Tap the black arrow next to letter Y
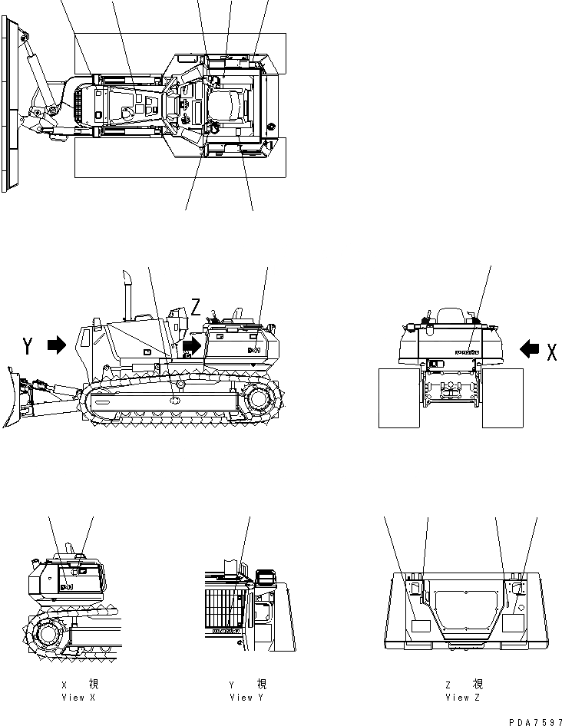click(58, 346)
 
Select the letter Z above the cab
click(197, 308)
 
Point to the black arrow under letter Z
click(192, 346)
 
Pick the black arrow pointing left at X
click(530, 350)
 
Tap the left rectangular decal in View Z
click(419, 626)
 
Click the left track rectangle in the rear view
click(399, 398)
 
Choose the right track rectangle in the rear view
click(502, 398)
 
